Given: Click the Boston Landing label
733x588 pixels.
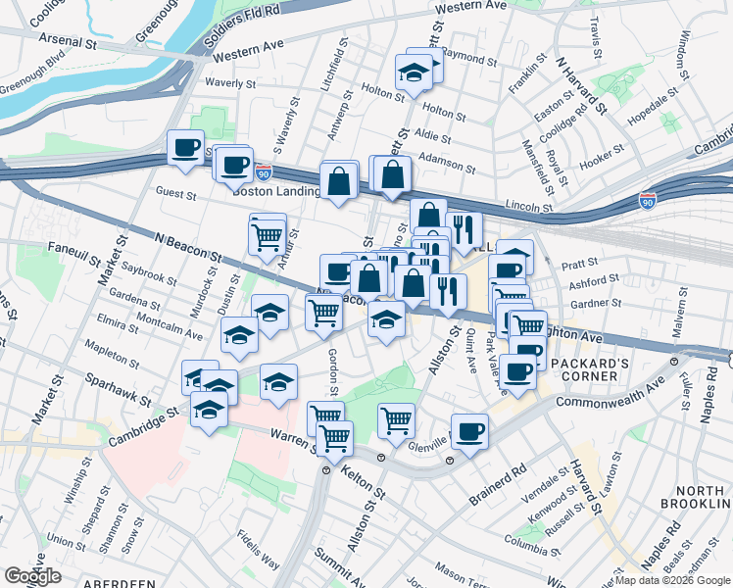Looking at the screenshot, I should point(275,191).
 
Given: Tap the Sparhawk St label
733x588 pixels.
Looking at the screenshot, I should point(117,389).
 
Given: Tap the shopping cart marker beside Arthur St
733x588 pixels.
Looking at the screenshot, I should point(267,235).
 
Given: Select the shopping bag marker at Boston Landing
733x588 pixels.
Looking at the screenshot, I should point(338,181).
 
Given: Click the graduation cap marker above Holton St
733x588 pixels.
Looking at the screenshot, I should point(414,73).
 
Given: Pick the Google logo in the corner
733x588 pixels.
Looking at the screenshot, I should point(33,575).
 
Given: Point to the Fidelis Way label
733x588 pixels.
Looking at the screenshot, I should point(257,550).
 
